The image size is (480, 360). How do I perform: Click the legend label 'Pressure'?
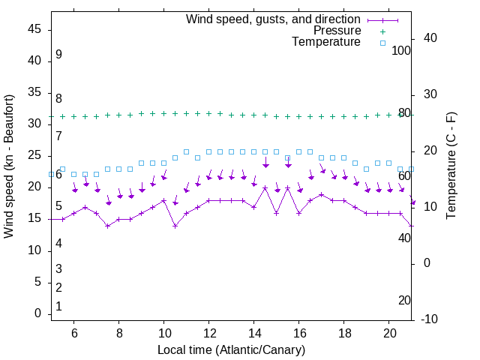[337, 31]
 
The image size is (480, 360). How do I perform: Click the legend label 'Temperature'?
[326, 43]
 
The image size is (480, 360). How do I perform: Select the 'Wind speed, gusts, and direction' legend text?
[274, 19]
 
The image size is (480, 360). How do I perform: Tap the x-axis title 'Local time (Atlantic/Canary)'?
[232, 350]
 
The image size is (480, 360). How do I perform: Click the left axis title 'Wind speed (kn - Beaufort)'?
[9, 166]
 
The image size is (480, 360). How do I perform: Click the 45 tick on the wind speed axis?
[34, 29]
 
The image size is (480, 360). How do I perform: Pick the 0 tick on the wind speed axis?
[38, 314]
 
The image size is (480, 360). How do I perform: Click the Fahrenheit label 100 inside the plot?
[402, 50]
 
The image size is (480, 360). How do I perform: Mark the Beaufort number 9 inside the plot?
[58, 55]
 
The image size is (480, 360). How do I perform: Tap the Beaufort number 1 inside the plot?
[58, 307]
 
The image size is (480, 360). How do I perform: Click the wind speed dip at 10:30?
[175, 226]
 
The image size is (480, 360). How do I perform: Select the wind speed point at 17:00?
[322, 194]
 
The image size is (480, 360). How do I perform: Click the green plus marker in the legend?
[382, 31]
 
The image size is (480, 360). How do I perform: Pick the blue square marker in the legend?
[382, 43]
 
